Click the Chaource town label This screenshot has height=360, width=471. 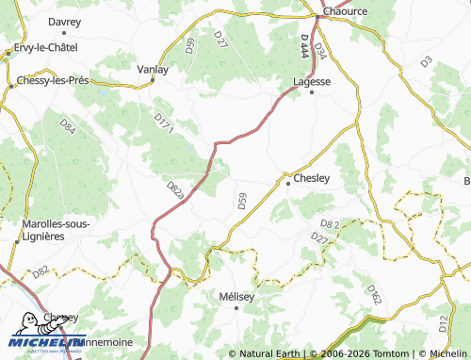pyautogui.click(x=344, y=10)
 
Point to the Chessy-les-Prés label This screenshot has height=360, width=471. pyautogui.click(x=54, y=81)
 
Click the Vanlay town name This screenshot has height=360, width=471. pyautogui.click(x=153, y=70)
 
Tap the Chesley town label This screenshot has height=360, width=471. pyautogui.click(x=312, y=177)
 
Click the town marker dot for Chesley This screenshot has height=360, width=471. pyautogui.click(x=288, y=183)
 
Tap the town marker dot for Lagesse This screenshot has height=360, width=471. pyautogui.click(x=311, y=92)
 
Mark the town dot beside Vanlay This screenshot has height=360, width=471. pyautogui.click(x=153, y=80)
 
